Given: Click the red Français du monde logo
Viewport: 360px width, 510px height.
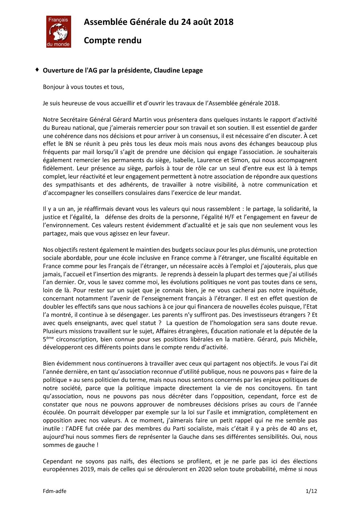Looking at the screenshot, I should (59, 32).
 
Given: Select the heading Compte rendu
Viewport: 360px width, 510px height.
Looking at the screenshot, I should (113, 41).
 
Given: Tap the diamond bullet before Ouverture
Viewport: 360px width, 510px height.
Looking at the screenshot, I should (37, 70).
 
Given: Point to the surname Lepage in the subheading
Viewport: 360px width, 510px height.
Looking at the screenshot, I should (192, 71).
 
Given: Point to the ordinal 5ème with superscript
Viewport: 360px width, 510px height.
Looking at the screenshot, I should (48, 339).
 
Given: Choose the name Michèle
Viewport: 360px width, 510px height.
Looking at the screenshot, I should (306, 339).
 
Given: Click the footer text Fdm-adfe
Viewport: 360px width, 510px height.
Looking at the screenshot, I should (54, 491).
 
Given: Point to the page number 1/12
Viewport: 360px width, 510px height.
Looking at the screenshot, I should (311, 491).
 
